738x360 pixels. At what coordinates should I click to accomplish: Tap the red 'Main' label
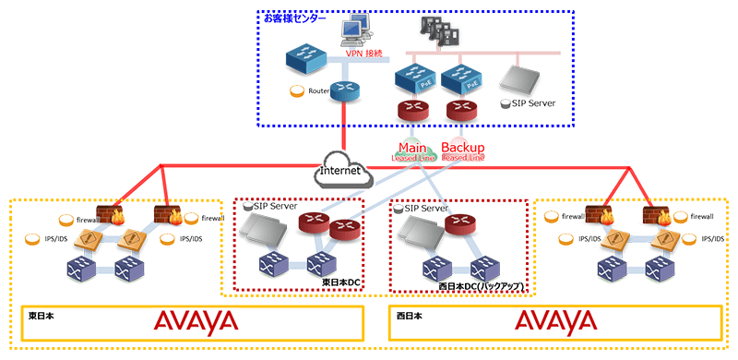click(x=411, y=148)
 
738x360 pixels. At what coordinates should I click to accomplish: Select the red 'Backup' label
click(x=463, y=148)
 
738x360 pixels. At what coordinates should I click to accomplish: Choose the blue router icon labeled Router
click(x=344, y=90)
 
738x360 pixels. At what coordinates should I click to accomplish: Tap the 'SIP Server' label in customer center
click(x=533, y=103)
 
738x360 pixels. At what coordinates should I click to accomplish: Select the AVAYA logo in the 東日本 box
click(x=196, y=322)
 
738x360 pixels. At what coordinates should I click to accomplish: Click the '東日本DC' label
click(x=340, y=281)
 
